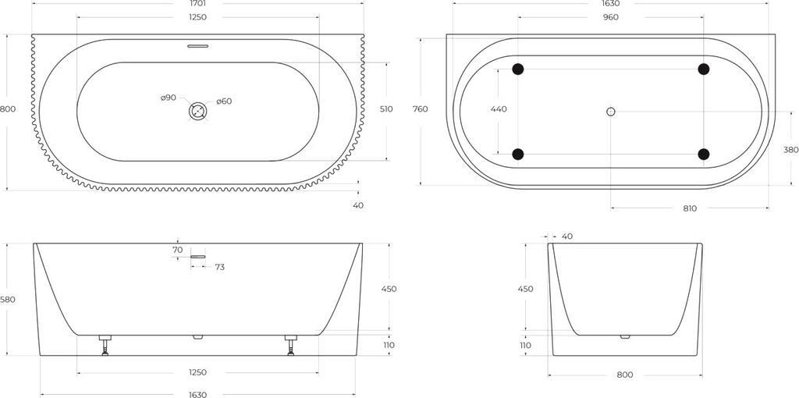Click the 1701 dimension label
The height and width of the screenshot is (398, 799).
tap(197, 3)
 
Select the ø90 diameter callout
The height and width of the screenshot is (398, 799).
tap(169, 98)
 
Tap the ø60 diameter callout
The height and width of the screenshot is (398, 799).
tap(224, 101)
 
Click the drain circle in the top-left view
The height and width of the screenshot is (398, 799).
tap(197, 111)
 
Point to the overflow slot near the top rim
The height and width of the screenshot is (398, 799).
tap(197, 46)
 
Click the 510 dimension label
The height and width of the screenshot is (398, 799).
tap(386, 109)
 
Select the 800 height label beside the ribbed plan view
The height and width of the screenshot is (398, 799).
tap(8, 109)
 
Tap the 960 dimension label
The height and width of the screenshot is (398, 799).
tap(610, 17)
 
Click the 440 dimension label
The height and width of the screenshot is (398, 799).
tap(499, 109)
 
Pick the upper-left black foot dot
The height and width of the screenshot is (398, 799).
tap(518, 69)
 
